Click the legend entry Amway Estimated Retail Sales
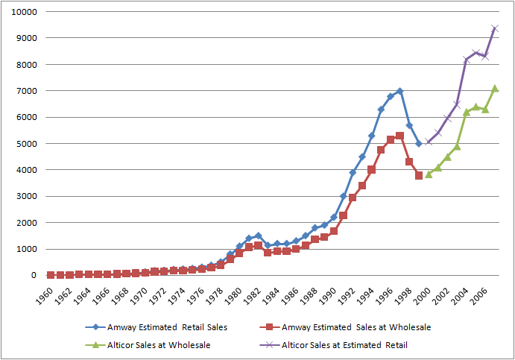(x=159, y=326)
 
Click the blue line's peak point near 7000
(x=399, y=91)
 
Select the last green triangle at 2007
(x=494, y=89)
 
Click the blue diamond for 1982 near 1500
(x=258, y=236)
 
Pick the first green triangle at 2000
(x=429, y=174)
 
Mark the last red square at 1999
(x=419, y=175)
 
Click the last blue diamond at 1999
(x=419, y=144)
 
